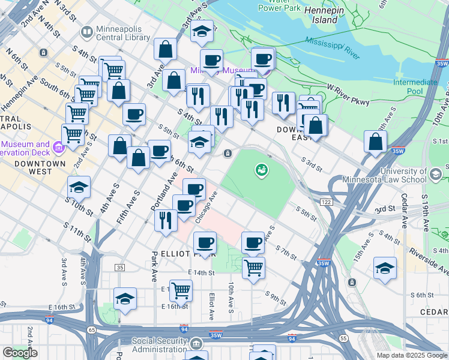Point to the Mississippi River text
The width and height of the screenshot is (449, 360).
pyautogui.click(x=332, y=48)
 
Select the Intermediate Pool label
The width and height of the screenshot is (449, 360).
pyautogui.click(x=415, y=86)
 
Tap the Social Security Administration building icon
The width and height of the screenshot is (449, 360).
pyautogui.click(x=197, y=344)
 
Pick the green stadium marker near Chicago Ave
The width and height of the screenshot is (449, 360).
pyautogui.click(x=261, y=171)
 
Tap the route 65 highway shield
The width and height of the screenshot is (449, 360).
pyautogui.click(x=91, y=330)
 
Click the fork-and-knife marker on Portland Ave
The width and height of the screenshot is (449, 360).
pyautogui.click(x=164, y=220)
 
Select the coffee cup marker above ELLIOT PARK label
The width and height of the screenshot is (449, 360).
pyautogui.click(x=205, y=243)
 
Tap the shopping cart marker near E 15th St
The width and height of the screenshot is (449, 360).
pyautogui.click(x=181, y=290)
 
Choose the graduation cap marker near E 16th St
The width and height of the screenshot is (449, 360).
pyautogui.click(x=125, y=298)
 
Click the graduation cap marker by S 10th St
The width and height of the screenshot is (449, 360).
pyautogui.click(x=79, y=187)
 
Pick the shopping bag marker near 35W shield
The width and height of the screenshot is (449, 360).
pyautogui.click(x=375, y=142)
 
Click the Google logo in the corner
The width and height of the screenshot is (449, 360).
pyautogui.click(x=20, y=353)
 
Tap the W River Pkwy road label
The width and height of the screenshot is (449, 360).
pyautogui.click(x=347, y=88)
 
